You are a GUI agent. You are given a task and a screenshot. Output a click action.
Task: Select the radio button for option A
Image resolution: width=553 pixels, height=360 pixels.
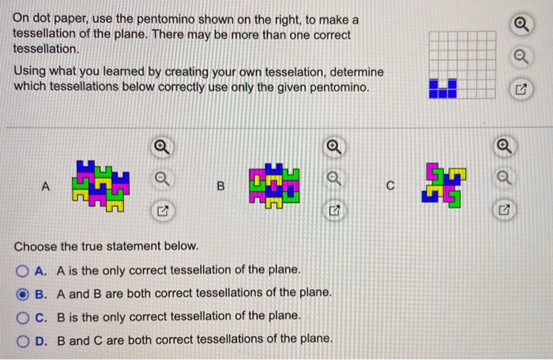pos(23,270)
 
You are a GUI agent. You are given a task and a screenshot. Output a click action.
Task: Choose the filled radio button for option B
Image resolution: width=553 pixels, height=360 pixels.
pos(23,293)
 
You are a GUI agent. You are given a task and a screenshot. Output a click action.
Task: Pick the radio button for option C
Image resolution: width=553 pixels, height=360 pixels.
pos(23,316)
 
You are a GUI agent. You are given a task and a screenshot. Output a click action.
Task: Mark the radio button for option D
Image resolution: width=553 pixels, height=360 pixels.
pos(23,339)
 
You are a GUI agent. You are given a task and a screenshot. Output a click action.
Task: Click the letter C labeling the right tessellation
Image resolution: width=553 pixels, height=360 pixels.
pos(390,187)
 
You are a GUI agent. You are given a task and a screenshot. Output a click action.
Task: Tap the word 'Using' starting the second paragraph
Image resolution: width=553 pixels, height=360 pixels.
pos(28,71)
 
